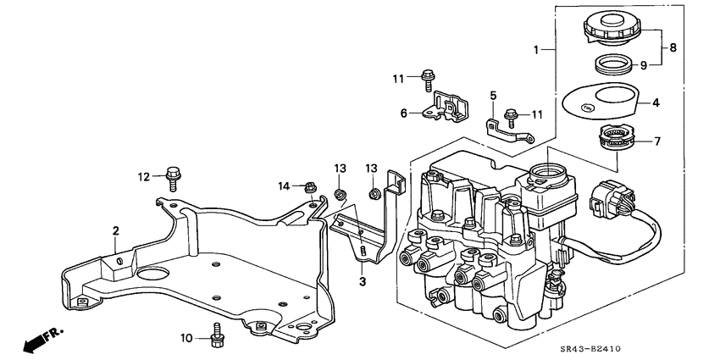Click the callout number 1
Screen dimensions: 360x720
click(538, 50)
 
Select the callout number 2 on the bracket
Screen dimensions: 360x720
click(115, 230)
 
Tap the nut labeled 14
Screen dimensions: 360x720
click(310, 186)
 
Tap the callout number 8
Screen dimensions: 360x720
click(673, 47)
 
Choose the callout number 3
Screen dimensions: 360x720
click(362, 280)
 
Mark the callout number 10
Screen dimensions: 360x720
click(187, 339)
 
